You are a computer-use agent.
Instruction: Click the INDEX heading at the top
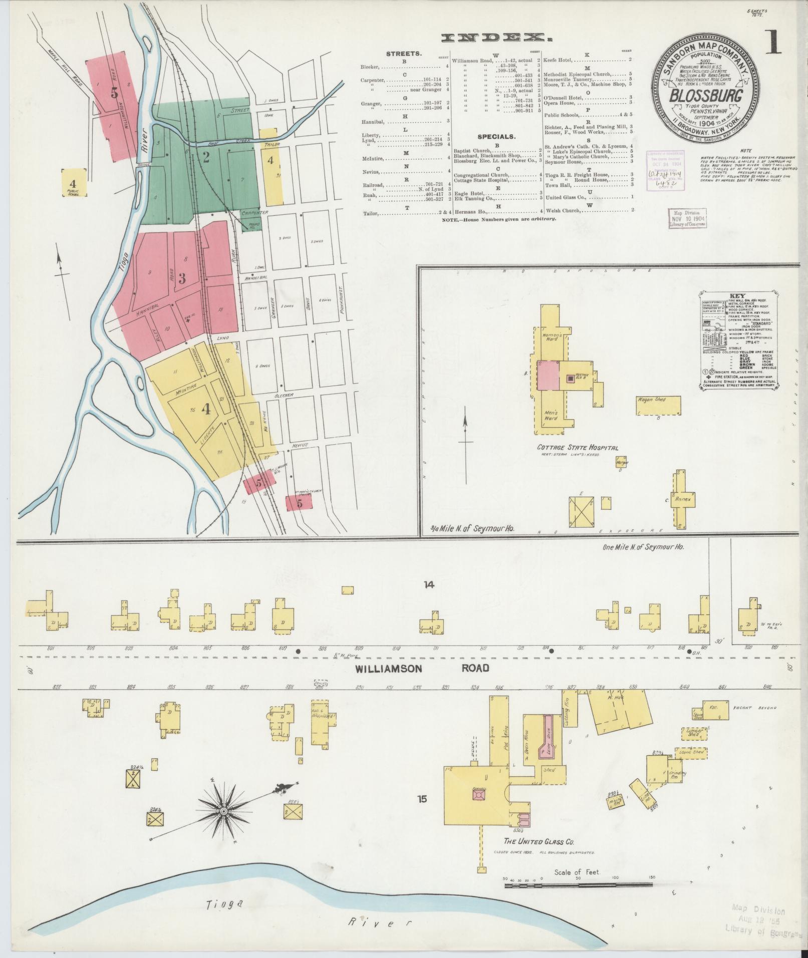[493, 38]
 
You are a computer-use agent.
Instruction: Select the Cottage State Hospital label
[578, 448]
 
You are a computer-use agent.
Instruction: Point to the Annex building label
[682, 499]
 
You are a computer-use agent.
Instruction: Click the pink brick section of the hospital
[549, 375]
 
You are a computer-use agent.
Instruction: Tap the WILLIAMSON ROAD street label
[422, 668]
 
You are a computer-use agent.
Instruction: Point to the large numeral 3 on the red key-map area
[182, 278]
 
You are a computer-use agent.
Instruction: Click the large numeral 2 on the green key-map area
[205, 157]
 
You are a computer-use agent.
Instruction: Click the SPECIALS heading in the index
[497, 136]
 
